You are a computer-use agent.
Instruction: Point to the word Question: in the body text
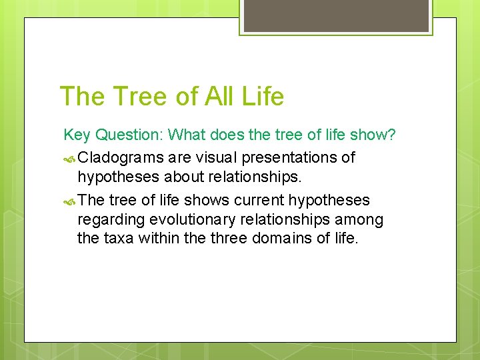(x=129, y=135)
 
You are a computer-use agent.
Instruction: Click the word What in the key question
(x=188, y=135)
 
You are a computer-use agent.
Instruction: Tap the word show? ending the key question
(x=371, y=135)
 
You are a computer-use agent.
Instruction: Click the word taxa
(x=119, y=238)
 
